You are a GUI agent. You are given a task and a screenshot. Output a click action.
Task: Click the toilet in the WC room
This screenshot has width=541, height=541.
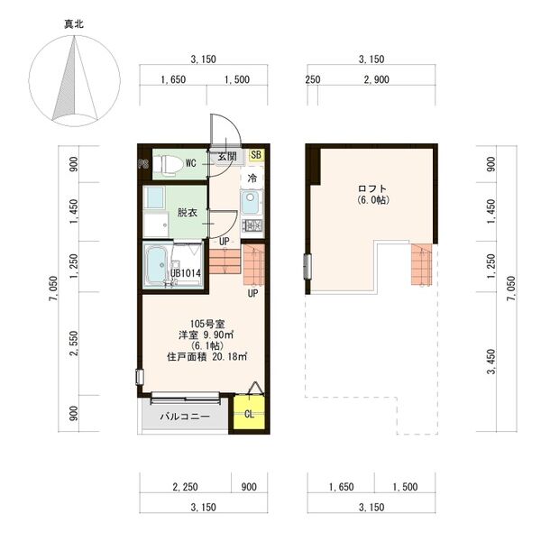tap(168, 163)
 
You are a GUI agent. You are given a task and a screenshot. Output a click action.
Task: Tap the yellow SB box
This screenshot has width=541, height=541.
tap(256, 154)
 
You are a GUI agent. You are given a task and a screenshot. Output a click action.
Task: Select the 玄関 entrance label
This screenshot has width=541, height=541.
tap(227, 156)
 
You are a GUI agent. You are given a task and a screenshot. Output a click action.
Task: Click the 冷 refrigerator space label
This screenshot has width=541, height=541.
tap(252, 178)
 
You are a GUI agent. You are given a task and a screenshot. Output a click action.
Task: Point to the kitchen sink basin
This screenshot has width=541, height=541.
tap(251, 203)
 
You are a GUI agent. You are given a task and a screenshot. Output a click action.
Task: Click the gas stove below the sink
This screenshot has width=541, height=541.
tap(252, 225)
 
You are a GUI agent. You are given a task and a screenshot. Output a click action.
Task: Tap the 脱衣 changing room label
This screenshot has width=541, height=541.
tap(188, 212)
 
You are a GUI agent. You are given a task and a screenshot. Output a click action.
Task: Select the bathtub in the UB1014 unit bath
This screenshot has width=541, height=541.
tap(156, 265)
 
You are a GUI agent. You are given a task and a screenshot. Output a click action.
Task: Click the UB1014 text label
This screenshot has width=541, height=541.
tap(186, 273)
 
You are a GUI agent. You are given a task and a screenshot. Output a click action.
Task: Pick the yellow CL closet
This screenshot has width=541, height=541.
tap(249, 413)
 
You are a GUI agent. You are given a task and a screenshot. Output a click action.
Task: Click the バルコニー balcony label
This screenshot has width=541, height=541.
tap(185, 417)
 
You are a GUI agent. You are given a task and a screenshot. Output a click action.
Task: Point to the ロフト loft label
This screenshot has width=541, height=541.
tap(371, 188)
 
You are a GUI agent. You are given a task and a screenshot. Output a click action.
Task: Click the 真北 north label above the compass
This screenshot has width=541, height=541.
tap(74, 24)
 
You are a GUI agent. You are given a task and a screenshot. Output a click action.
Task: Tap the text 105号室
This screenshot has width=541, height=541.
tap(207, 324)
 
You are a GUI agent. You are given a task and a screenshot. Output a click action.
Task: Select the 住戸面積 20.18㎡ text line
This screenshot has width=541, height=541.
tap(207, 356)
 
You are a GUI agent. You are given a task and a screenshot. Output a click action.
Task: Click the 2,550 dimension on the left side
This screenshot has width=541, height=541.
tap(74, 344)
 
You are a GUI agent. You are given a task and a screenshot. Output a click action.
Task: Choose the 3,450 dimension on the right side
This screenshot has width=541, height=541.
tap(491, 362)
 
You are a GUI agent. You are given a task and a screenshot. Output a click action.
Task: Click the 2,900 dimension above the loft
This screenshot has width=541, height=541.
tap(376, 79)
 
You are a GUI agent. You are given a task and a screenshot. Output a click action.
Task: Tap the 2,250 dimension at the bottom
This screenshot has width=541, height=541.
tap(185, 487)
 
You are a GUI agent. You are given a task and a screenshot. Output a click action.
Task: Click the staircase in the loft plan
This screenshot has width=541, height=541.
tap(422, 264)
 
